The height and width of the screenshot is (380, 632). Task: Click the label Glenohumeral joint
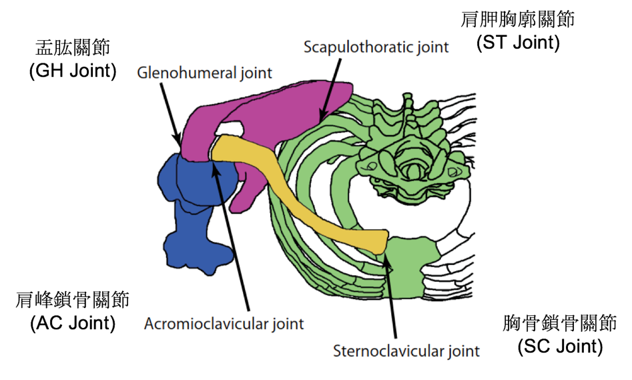tap(204, 72)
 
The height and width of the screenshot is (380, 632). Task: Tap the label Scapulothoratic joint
tap(376, 47)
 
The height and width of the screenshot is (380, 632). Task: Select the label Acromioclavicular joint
tap(224, 324)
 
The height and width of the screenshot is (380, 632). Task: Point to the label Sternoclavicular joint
tap(406, 351)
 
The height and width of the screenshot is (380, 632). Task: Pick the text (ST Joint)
tap(518, 43)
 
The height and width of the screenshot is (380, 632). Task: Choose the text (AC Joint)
tap(73, 324)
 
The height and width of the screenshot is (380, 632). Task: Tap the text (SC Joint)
tap(560, 347)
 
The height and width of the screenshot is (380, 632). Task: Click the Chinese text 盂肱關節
tap(73, 49)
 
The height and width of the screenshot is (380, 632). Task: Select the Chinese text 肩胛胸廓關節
tap(518, 19)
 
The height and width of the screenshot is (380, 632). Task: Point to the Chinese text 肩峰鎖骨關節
tap(73, 300)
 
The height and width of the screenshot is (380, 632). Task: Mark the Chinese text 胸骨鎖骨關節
tap(560, 323)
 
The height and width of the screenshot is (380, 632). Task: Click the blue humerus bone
tap(197, 214)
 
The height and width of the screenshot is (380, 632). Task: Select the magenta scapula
tap(280, 114)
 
